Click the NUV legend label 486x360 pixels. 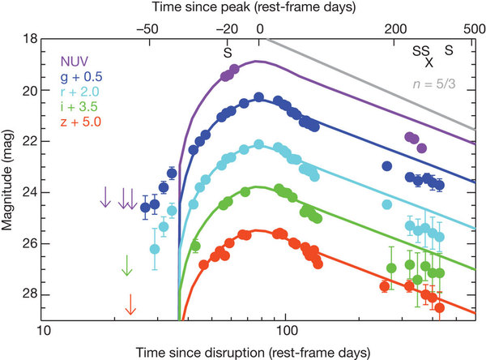click(x=75, y=62)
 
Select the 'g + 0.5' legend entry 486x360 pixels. click(x=82, y=77)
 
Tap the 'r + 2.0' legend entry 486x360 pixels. click(x=80, y=92)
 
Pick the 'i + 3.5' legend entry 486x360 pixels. click(x=79, y=106)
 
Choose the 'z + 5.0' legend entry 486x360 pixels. click(x=81, y=122)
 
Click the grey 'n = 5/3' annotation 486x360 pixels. click(x=434, y=84)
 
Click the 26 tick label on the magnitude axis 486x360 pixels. click(x=30, y=243)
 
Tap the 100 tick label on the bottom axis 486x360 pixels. click(x=286, y=331)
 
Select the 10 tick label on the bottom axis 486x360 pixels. click(x=44, y=331)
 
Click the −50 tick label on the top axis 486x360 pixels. click(x=147, y=29)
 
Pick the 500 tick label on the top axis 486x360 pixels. click(x=474, y=29)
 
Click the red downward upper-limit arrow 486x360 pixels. click(x=130, y=304)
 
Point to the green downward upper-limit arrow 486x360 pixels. click(x=127, y=265)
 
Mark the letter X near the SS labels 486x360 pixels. click(x=429, y=62)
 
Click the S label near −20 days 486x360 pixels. click(x=228, y=53)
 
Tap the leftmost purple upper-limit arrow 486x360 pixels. click(x=105, y=197)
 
